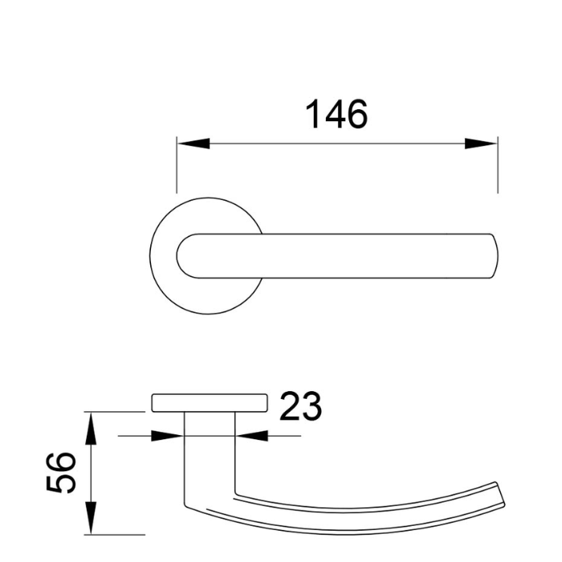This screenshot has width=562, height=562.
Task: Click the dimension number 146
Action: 336,115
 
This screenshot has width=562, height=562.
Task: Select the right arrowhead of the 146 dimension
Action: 481,145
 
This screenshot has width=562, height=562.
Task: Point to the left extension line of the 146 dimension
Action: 177,169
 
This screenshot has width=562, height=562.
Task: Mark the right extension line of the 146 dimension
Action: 497,169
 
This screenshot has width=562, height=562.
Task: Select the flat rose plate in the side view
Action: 208,402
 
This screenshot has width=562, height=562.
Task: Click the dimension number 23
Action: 300,407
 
